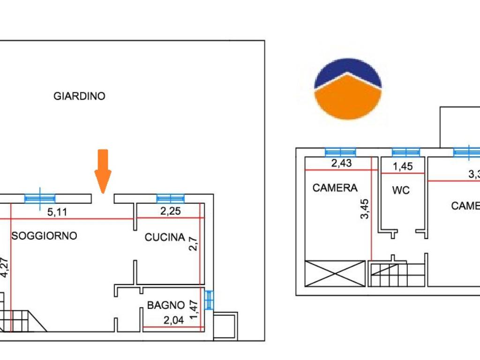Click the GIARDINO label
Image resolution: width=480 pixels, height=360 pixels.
click(79, 96)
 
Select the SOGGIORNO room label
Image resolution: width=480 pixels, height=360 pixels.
click(44, 236)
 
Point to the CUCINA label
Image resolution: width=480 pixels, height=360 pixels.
click(165, 237)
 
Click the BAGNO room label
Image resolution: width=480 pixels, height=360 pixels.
click(166, 305)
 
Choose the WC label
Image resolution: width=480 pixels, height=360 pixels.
click(401, 190)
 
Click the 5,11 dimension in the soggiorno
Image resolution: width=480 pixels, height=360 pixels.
click(58, 212)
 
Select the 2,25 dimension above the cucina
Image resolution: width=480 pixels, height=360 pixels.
click(171, 211)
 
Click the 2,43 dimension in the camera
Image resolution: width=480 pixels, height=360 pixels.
click(341, 163)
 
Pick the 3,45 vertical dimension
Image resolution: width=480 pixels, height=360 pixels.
click(365, 209)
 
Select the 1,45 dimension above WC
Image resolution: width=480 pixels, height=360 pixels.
click(403, 166)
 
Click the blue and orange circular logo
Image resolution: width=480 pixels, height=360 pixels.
click(347, 90)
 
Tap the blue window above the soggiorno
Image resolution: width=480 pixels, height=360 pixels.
click(40, 198)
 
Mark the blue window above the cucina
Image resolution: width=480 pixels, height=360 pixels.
click(170, 198)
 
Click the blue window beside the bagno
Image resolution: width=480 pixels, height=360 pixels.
click(209, 300)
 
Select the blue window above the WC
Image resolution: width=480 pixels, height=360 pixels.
click(406, 152)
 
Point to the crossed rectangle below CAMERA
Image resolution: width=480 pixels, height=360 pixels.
click(335, 273)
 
